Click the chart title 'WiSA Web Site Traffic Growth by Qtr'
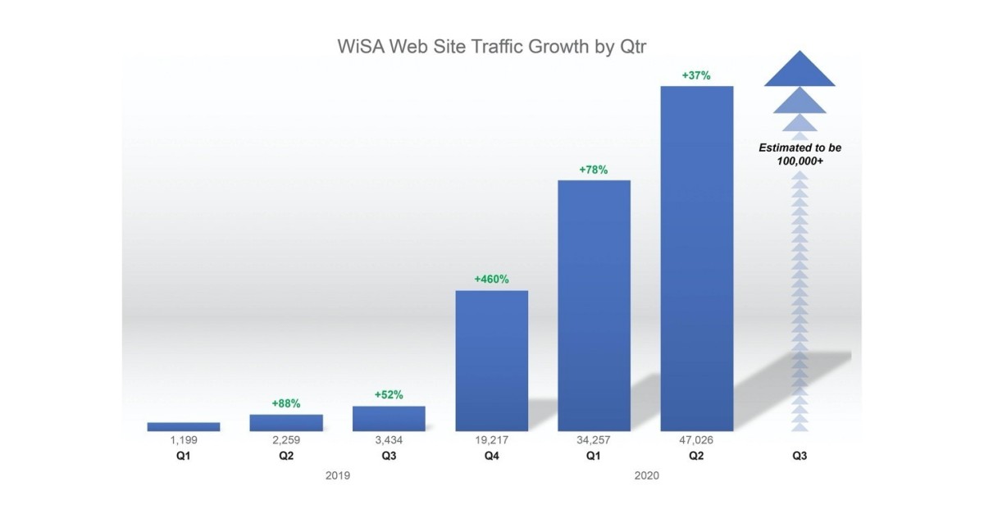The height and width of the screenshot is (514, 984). click(x=492, y=46)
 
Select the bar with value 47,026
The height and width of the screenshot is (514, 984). click(x=696, y=258)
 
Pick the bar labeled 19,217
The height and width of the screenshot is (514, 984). click(x=491, y=361)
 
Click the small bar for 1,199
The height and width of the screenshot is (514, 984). click(x=184, y=426)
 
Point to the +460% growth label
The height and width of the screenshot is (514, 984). click(x=491, y=279)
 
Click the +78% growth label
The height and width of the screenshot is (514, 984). click(x=594, y=170)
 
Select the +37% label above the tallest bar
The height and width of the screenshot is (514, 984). click(x=696, y=75)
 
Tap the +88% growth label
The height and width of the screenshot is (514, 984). click(x=286, y=403)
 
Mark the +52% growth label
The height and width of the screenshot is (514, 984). click(x=389, y=394)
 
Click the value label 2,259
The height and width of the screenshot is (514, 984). click(x=286, y=440)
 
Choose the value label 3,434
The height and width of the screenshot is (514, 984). click(x=389, y=440)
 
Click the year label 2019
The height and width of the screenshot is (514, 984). click(x=338, y=475)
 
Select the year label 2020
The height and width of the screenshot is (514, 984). click(x=645, y=475)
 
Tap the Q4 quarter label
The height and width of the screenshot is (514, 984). click(x=491, y=455)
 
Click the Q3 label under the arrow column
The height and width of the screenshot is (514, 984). click(x=799, y=455)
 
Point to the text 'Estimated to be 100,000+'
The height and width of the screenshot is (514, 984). click(x=799, y=155)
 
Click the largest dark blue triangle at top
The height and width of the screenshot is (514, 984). click(x=799, y=71)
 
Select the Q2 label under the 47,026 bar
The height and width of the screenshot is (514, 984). click(x=696, y=455)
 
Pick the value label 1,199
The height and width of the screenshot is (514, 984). click(x=184, y=440)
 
